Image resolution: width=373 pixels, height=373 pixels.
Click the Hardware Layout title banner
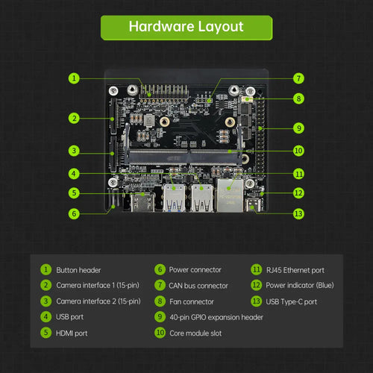pyautogui.click(x=186, y=28)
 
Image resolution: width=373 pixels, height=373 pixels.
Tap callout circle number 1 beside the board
pyautogui.click(x=74, y=78)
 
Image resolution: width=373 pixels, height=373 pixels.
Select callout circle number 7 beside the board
pyautogui.click(x=298, y=78)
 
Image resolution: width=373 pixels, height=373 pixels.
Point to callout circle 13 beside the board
pyautogui.click(x=298, y=213)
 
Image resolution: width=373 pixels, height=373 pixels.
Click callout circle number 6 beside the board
pyautogui.click(x=74, y=213)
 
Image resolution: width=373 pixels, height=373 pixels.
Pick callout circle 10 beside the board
pyautogui.click(x=298, y=151)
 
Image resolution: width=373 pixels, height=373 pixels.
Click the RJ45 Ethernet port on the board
pyautogui.click(x=231, y=195)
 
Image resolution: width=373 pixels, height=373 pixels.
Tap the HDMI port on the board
pyautogui.click(x=142, y=202)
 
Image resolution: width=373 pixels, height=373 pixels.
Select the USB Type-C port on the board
pyautogui.click(x=253, y=205)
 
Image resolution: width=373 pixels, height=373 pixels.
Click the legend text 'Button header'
pyautogui.click(x=78, y=270)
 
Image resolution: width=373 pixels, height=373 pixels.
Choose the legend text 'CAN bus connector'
pyautogui.click(x=198, y=286)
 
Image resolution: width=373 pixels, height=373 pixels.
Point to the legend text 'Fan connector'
pyautogui.click(x=192, y=301)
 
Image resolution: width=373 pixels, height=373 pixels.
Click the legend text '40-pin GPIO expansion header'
pyautogui.click(x=216, y=317)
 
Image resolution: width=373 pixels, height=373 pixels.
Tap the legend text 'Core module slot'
pyautogui.click(x=195, y=333)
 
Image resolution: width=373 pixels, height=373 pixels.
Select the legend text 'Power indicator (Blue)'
pyautogui.click(x=300, y=285)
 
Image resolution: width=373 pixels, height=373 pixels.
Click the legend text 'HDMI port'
pyautogui.click(x=72, y=333)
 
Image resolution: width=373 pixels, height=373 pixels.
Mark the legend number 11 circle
pyautogui.click(x=257, y=270)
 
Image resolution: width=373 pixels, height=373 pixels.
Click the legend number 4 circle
pyautogui.click(x=46, y=317)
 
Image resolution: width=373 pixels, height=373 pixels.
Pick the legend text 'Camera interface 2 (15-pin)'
pyautogui.click(x=98, y=301)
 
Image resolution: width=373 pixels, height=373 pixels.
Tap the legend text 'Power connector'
pyautogui.click(x=195, y=270)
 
